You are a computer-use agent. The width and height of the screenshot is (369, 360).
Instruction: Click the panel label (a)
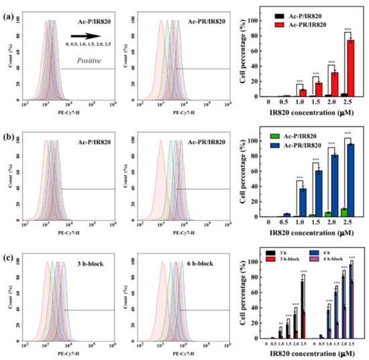pos(9,9)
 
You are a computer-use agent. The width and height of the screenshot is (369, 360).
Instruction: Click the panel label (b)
pos(9,132)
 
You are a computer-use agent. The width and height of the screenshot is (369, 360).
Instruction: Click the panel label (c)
pos(9,255)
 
